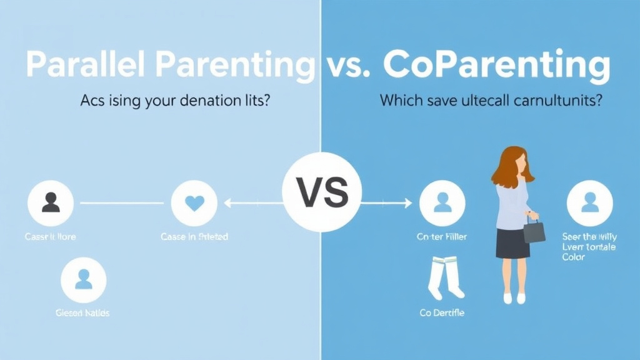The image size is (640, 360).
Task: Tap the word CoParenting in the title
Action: coord(496,66)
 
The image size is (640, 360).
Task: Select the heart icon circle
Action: coord(194,203)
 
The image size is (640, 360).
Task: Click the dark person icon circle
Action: coord(51,203)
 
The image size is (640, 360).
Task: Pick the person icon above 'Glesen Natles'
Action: coord(84,279)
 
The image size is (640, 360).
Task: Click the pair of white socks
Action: coord(446,278)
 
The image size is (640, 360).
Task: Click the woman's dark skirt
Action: coord(512,242)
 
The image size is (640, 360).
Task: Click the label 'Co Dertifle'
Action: coord(442,312)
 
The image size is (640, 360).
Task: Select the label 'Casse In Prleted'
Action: coord(194,237)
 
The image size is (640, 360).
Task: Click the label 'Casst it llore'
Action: coord(51,237)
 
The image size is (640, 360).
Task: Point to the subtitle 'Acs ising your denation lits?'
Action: coord(175,101)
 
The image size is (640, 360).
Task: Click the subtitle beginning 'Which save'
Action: coord(491,101)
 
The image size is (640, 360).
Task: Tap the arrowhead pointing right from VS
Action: coord(407,202)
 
